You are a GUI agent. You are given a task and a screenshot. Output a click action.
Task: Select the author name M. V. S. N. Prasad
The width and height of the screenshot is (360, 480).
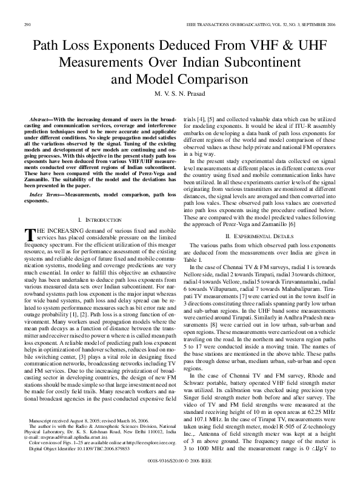[179, 94]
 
